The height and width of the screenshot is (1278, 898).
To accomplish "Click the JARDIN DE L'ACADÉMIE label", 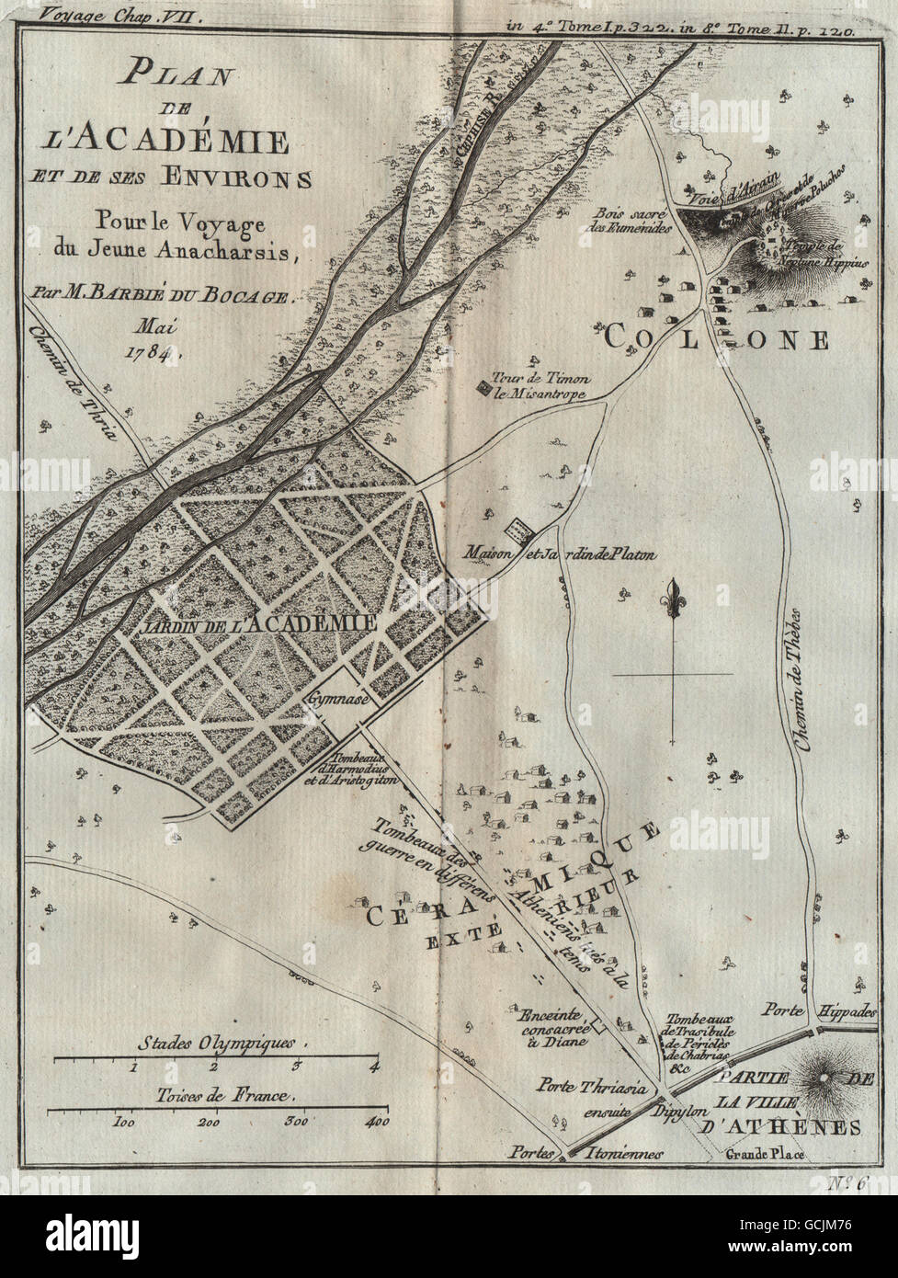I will point(260,622).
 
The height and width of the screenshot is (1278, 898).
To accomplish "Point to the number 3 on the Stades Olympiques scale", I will point(296,1067).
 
